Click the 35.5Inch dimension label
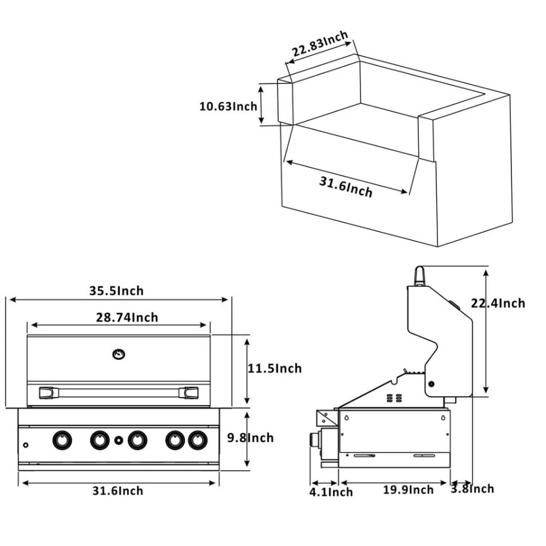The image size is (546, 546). coord(116,291)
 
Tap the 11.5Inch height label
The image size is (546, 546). coord(274,369)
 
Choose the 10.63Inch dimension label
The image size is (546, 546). coord(228,107)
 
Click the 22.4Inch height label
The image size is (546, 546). coord(497,303)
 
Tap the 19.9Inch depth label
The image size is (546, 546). coord(408,490)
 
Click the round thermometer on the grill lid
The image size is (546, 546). coord(118,354)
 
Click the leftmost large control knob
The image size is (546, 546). coord(61,440)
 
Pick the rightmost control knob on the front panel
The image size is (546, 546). coord(196,440)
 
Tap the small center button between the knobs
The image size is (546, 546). coord(118,441)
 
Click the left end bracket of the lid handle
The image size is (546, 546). coord(46,393)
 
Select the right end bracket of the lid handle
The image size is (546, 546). coord(192,393)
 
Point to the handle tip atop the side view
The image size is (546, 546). coord(420,276)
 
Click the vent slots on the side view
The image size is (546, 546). coord(392,397)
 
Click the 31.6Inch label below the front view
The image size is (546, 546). coord(118,491)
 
